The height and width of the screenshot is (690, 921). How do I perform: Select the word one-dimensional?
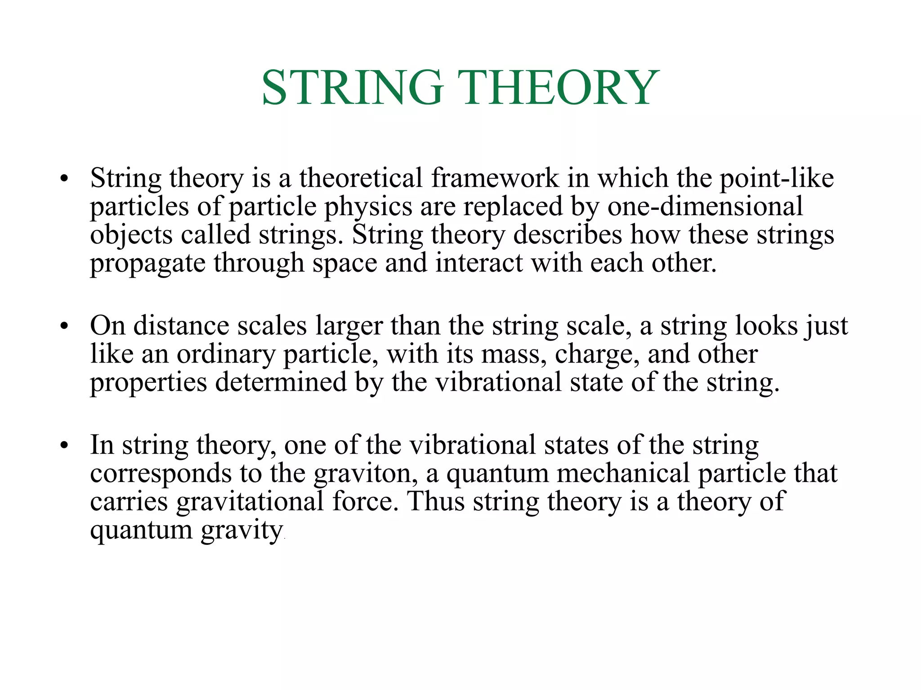pyautogui.click(x=705, y=207)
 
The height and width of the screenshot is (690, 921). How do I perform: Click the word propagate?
pyautogui.click(x=148, y=264)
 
